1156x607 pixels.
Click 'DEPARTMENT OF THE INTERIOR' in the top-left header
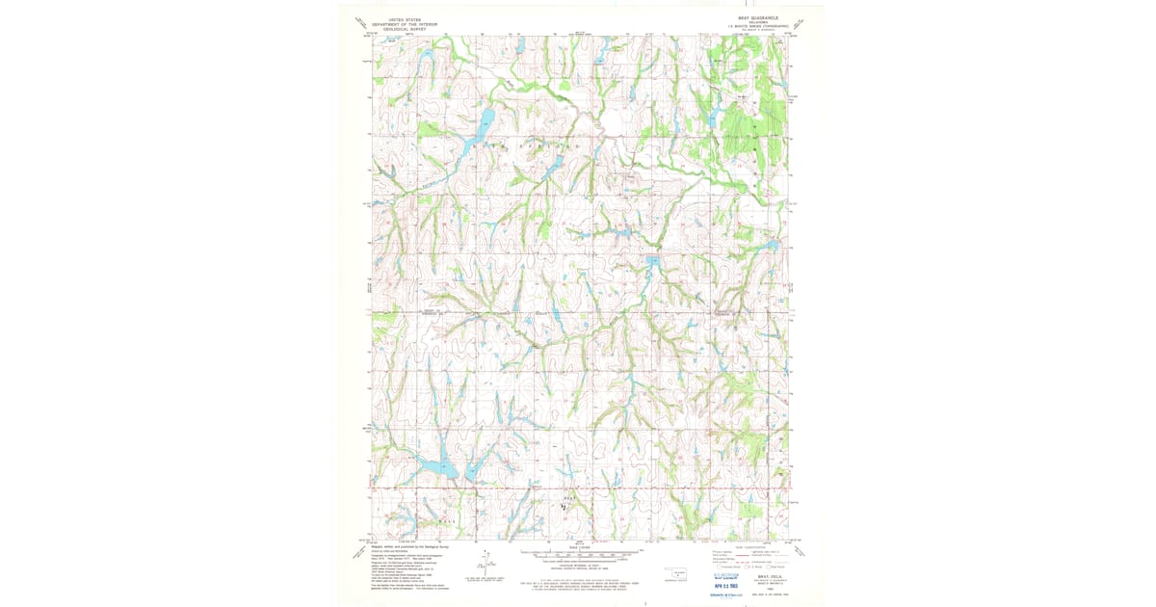click(x=406, y=24)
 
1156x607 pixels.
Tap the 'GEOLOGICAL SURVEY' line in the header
click(x=406, y=29)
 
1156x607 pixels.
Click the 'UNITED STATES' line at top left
click(x=406, y=18)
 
